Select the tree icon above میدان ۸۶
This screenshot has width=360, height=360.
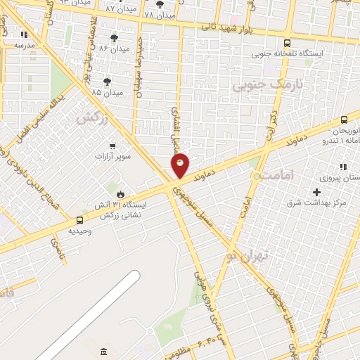[114, 37]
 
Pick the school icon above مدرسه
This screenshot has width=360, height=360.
[25, 33]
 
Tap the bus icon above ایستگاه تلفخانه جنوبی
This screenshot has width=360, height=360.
[287, 43]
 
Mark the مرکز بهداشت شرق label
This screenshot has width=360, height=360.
[316, 203]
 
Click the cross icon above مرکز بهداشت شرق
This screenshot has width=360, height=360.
[316, 192]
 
